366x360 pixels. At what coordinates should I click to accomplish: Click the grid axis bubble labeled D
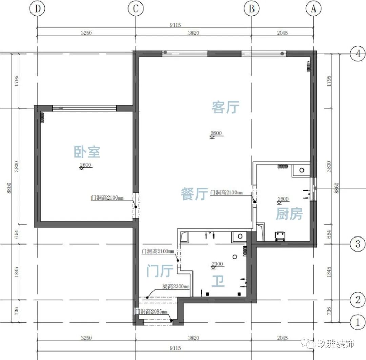click(x=37, y=8)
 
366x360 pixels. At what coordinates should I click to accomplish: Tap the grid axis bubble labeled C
click(x=136, y=8)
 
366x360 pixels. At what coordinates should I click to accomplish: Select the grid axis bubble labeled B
click(x=251, y=8)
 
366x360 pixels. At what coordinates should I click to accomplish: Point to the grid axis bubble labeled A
click(x=313, y=8)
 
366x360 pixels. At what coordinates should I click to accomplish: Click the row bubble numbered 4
click(x=358, y=54)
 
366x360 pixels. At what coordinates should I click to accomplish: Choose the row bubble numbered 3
click(x=358, y=244)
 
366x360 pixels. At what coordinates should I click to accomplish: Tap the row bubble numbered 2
click(x=358, y=300)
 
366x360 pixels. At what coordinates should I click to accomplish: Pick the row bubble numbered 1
click(x=358, y=322)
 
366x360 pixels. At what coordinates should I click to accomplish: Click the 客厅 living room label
click(x=225, y=107)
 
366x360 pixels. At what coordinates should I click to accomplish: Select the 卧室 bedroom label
click(x=87, y=152)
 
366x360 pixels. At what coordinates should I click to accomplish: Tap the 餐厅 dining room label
click(x=195, y=194)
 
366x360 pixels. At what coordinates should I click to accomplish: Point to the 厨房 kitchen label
click(x=289, y=214)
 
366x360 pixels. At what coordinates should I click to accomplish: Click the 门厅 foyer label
click(x=160, y=271)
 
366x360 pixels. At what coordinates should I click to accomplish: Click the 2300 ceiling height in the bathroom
click(x=217, y=264)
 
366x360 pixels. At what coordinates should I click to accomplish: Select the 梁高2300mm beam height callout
click(x=176, y=286)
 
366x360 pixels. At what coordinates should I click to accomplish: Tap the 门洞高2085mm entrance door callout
click(x=152, y=311)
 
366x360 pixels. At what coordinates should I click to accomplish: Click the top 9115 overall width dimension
click(x=175, y=25)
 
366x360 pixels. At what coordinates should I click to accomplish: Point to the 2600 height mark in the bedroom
click(x=85, y=165)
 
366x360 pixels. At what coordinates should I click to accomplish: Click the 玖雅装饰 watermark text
click(x=335, y=344)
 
